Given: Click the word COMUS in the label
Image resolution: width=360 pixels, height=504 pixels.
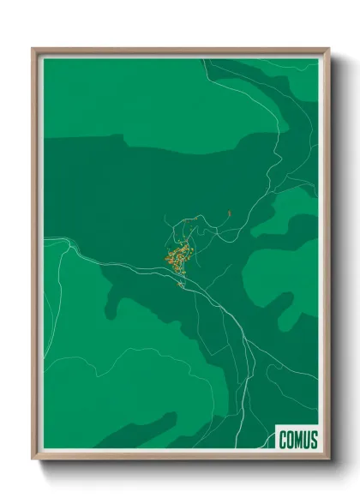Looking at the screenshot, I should (297, 441).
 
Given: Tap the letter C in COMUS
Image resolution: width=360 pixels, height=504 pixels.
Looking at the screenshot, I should (283, 441).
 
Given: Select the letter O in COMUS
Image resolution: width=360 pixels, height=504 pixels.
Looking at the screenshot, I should (290, 441).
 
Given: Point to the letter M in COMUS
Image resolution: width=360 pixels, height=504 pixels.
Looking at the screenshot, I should (298, 441).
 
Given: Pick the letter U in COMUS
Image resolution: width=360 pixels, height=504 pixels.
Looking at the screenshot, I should (307, 441).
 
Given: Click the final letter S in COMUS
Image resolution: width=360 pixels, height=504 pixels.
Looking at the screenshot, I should (314, 441).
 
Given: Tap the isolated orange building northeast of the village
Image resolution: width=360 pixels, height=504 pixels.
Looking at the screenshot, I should (230, 210).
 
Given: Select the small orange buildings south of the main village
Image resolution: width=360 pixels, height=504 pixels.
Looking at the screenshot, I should (181, 285).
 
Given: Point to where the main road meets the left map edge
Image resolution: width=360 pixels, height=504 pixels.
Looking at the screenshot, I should (44, 239).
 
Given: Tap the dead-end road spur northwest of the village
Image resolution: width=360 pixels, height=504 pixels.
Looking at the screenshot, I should (174, 225).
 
